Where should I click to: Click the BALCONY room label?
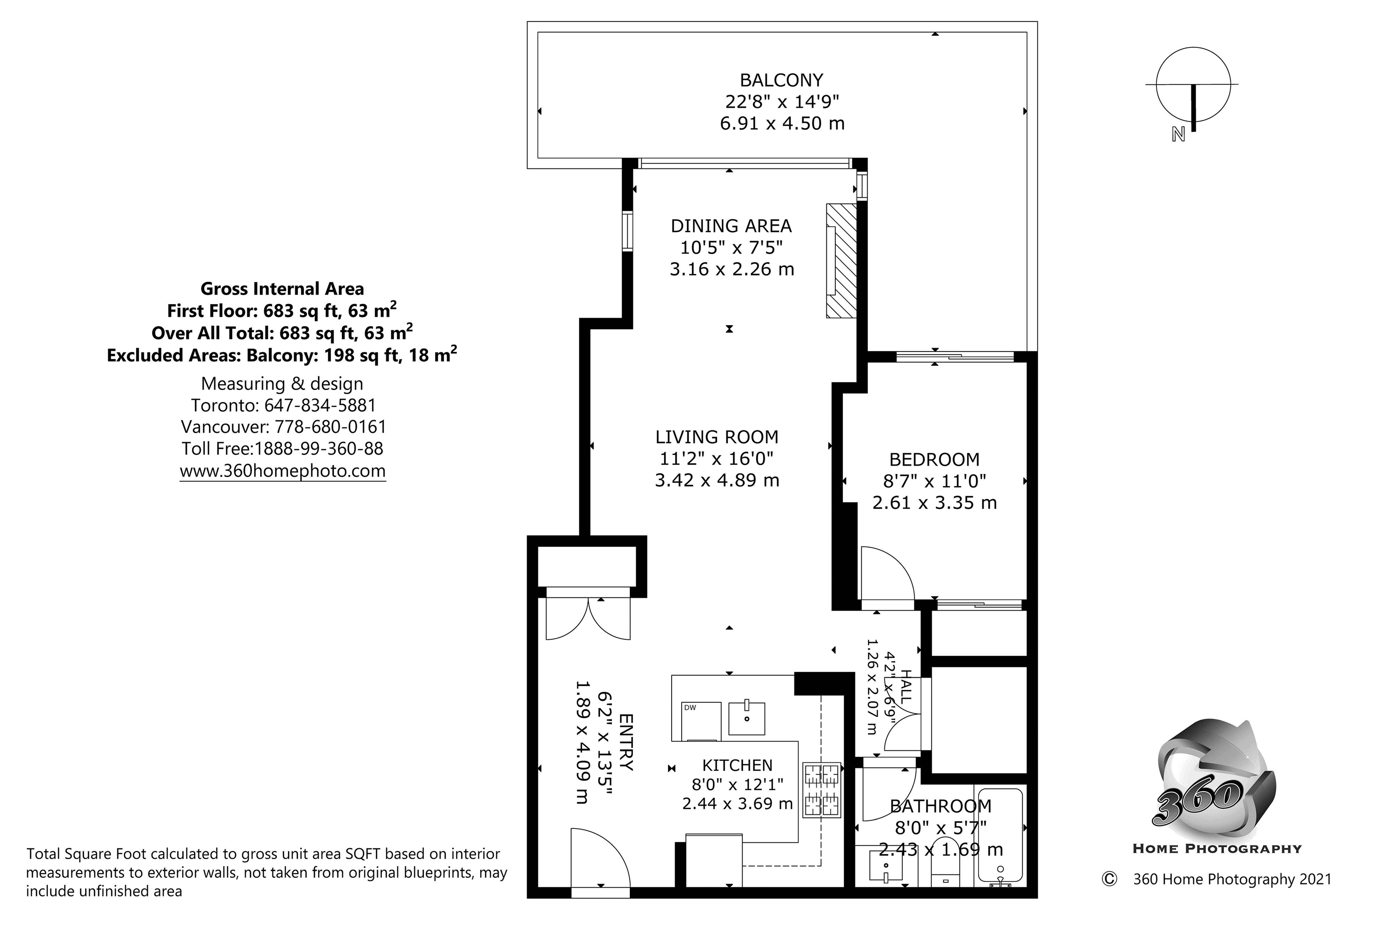781,80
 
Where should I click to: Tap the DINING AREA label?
731,226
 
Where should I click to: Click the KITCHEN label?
737,765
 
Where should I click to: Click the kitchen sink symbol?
747,718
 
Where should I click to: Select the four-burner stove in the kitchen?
822,789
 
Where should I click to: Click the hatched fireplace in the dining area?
841,260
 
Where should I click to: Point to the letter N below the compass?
1178,135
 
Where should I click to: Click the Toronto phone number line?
283,405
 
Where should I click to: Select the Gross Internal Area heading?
282,289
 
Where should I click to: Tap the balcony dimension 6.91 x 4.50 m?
782,123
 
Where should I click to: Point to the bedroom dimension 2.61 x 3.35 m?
934,503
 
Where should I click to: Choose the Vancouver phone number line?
283,427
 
